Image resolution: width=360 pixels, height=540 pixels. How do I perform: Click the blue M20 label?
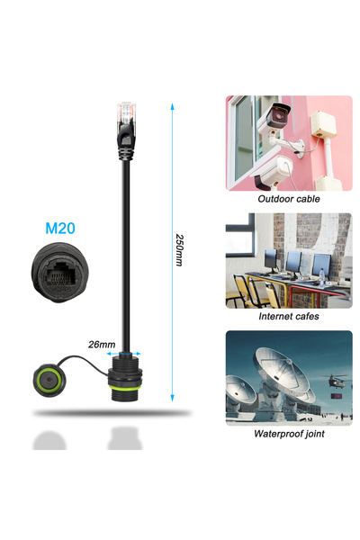coord(60,228)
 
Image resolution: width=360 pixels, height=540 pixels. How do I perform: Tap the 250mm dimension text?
coord(179,250)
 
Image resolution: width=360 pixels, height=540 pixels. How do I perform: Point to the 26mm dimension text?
coord(102,345)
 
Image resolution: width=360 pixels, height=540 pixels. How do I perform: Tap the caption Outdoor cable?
coord(289,199)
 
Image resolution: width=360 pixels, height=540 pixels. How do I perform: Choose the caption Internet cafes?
coord(289,316)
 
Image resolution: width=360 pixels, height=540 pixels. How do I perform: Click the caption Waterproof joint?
coord(289,434)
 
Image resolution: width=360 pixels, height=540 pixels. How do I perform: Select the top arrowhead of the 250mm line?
coord(172,106)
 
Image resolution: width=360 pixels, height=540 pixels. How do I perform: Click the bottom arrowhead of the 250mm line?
coord(172,398)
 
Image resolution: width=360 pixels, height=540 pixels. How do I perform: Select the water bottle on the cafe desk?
coord(322,277)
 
